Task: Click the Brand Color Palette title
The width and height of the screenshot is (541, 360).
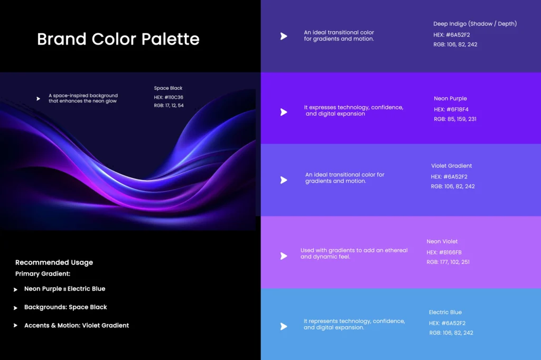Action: click(118, 39)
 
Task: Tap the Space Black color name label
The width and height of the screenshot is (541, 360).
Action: click(168, 88)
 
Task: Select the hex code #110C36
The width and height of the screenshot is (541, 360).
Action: click(174, 97)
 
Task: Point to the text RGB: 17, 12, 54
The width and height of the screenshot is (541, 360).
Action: click(169, 106)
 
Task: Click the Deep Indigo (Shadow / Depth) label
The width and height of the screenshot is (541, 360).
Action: click(475, 24)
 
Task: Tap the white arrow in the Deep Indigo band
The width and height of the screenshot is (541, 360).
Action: click(284, 36)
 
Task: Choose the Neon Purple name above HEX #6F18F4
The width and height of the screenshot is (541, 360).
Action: click(450, 98)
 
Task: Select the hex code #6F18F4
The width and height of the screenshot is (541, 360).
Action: click(458, 109)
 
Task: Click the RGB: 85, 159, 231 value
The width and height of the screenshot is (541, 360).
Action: click(455, 119)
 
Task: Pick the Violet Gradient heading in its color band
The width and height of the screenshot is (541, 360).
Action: click(451, 166)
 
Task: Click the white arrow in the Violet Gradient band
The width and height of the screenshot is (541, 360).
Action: click(284, 180)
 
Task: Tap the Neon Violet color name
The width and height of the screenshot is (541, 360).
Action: click(442, 241)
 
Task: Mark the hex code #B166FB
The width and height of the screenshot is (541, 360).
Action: click(450, 252)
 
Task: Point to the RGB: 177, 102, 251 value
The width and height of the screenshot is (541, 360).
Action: click(448, 262)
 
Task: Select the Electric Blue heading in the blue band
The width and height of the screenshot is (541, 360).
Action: click(445, 312)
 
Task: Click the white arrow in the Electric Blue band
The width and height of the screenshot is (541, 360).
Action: click(284, 326)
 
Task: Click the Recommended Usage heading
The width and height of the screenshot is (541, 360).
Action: click(54, 262)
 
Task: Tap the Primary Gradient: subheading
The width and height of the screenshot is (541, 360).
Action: click(43, 274)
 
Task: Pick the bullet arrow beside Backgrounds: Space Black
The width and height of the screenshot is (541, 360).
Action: click(15, 308)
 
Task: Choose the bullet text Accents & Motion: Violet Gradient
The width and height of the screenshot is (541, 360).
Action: click(77, 326)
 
